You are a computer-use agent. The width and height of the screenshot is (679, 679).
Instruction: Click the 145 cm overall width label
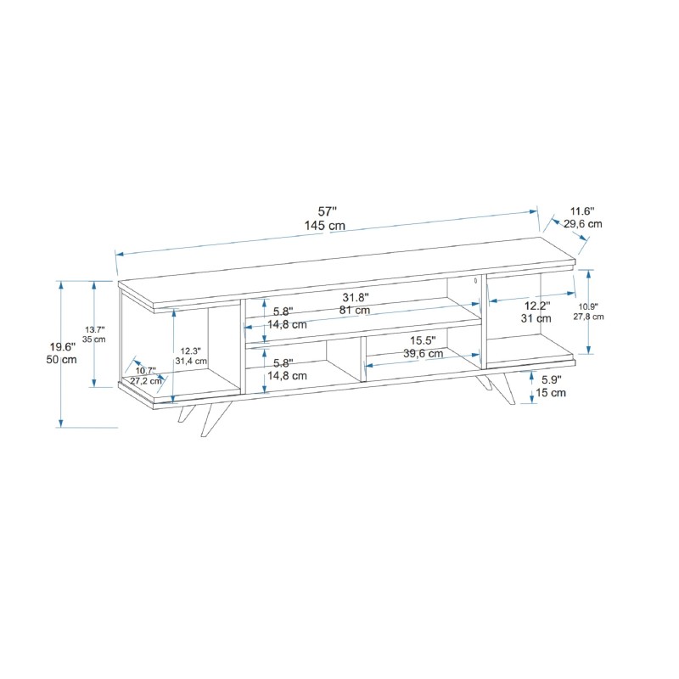(x=325, y=226)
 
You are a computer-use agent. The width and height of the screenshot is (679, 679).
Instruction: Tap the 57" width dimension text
(x=327, y=211)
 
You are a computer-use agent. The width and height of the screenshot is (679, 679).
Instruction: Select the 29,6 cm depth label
(x=583, y=224)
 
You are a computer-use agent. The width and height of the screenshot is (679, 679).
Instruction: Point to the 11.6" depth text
(x=582, y=211)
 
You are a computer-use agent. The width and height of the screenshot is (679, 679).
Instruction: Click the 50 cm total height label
(x=61, y=359)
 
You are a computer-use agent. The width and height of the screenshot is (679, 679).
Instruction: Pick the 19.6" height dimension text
(x=63, y=347)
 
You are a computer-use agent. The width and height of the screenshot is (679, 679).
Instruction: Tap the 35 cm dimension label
(x=94, y=339)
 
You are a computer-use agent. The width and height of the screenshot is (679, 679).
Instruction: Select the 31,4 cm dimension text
(x=191, y=361)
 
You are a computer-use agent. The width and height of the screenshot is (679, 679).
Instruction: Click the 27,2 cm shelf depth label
(x=146, y=381)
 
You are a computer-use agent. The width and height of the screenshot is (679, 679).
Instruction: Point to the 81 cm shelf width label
(x=355, y=310)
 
